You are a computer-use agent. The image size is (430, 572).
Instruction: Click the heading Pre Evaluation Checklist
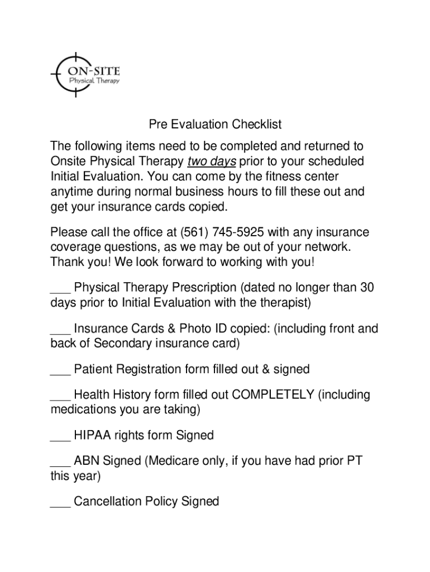tap(215, 124)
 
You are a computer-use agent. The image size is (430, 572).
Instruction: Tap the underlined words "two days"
tap(212, 162)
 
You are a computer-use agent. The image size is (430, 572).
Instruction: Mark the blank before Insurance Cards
tap(60, 329)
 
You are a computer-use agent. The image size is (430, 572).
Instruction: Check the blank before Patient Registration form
tap(60, 370)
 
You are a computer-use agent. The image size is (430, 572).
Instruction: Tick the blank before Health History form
tap(60, 395)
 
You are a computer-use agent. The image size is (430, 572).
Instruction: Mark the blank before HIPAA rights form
tap(60, 436)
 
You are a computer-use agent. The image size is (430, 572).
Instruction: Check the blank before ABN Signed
tap(60, 461)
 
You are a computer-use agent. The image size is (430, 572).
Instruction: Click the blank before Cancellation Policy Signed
tap(60, 502)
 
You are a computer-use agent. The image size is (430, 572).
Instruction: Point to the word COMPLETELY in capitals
tap(273, 395)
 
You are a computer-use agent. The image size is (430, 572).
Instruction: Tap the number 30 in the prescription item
tap(366, 288)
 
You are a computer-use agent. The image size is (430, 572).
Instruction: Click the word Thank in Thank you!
tap(66, 262)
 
